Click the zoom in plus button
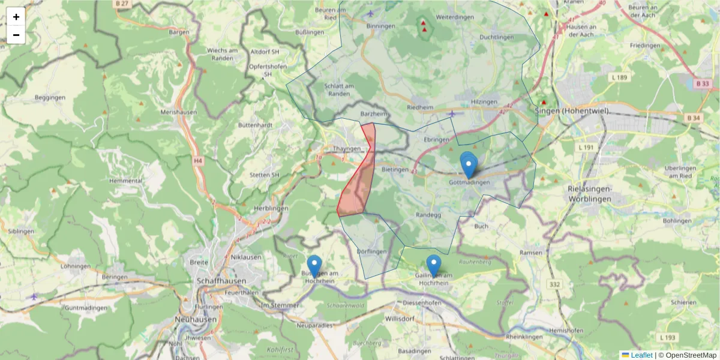(16, 17)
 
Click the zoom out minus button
(16, 35)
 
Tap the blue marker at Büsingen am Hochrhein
(314, 266)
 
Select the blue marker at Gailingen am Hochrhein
(433, 266)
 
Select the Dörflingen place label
(371, 251)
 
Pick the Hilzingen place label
(485, 102)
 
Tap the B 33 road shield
(702, 84)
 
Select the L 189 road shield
(619, 77)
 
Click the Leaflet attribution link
(641, 355)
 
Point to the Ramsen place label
(531, 253)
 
